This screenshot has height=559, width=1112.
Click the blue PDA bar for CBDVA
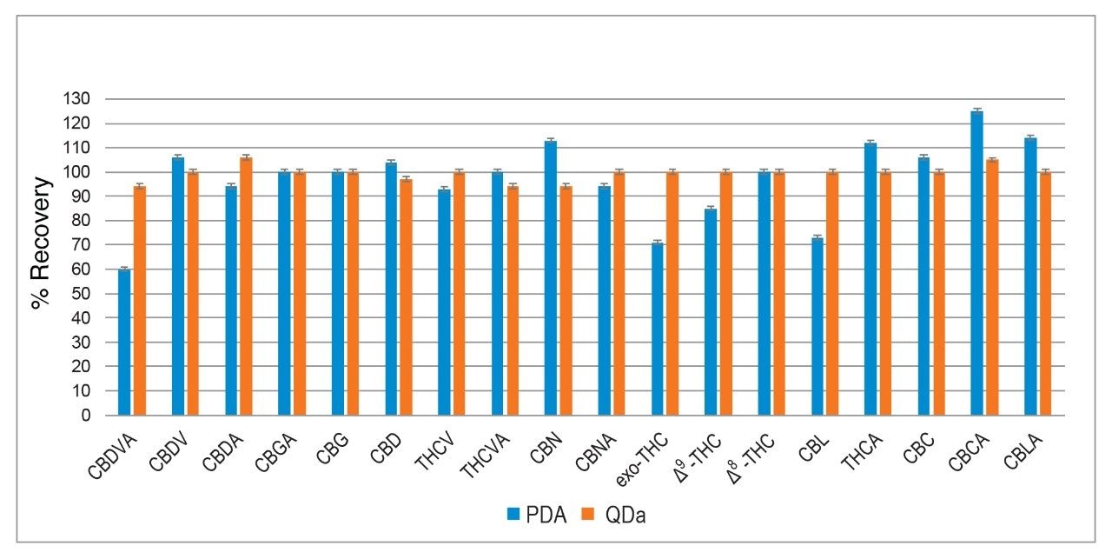[x=124, y=343]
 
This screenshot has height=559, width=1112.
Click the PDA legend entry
[x=537, y=516]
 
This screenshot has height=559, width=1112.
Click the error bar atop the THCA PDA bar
[x=870, y=143]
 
